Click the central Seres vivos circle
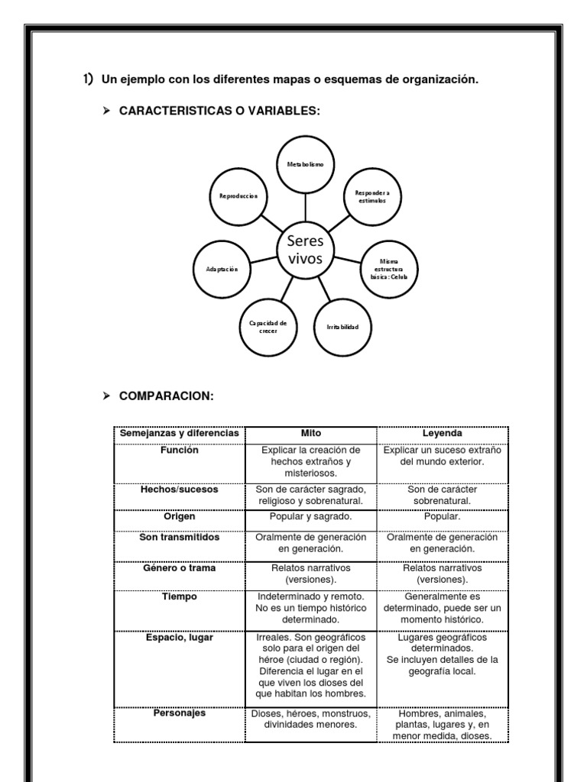click(x=305, y=250)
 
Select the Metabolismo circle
click(x=305, y=165)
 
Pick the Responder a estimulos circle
click(x=372, y=196)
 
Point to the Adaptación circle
click(x=222, y=270)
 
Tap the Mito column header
click(x=310, y=433)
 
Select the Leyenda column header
click(x=442, y=433)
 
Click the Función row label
click(x=179, y=451)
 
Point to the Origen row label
click(x=179, y=517)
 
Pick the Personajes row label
click(x=179, y=713)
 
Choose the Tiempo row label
click(x=179, y=596)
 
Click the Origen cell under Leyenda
click(x=442, y=517)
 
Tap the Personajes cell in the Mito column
click(x=310, y=719)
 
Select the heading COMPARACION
click(x=167, y=396)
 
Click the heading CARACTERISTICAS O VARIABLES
click(x=219, y=111)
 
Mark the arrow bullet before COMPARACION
click(x=107, y=396)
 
